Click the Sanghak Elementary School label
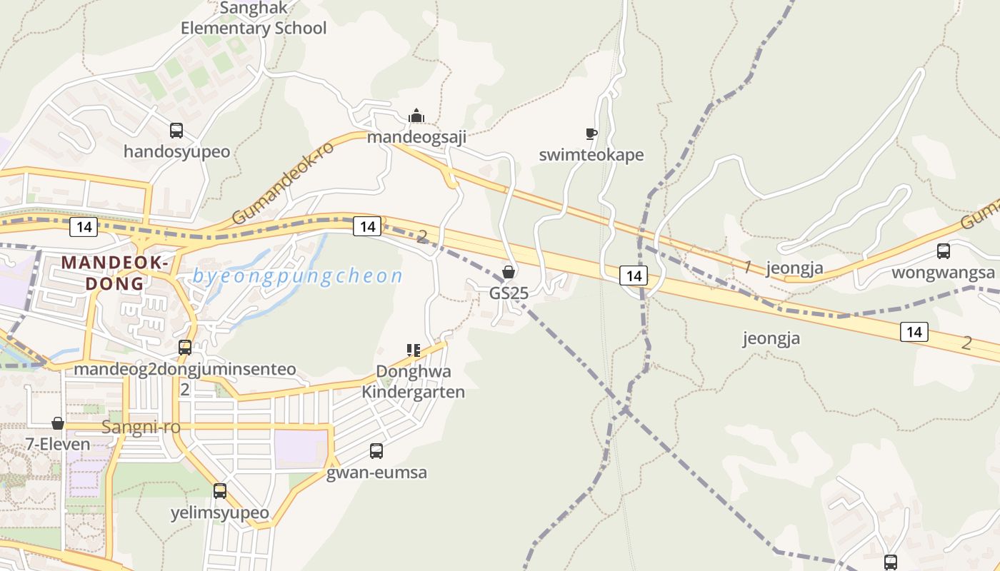pyautogui.click(x=253, y=19)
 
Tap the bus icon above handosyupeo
pyautogui.click(x=176, y=131)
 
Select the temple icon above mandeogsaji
pyautogui.click(x=416, y=116)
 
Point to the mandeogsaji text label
pyautogui.click(x=416, y=137)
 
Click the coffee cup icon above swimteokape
pyautogui.click(x=591, y=133)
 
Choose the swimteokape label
pyautogui.click(x=591, y=155)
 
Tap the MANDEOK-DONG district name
pyautogui.click(x=115, y=272)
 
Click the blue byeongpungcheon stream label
pyautogui.click(x=297, y=276)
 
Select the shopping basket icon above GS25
pyautogui.click(x=509, y=272)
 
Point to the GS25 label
pyautogui.click(x=509, y=293)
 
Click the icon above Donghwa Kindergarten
pyautogui.click(x=413, y=350)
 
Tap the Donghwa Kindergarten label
pyautogui.click(x=413, y=381)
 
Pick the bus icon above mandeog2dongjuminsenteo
pyautogui.click(x=185, y=348)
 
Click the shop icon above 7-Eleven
pyautogui.click(x=58, y=423)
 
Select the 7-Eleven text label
pyautogui.click(x=58, y=444)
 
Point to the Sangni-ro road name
pyautogui.click(x=141, y=428)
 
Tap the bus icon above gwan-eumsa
pyautogui.click(x=376, y=451)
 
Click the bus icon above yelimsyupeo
pyautogui.click(x=220, y=491)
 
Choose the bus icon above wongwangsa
pyautogui.click(x=944, y=251)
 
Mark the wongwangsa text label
pyautogui.click(x=943, y=273)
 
